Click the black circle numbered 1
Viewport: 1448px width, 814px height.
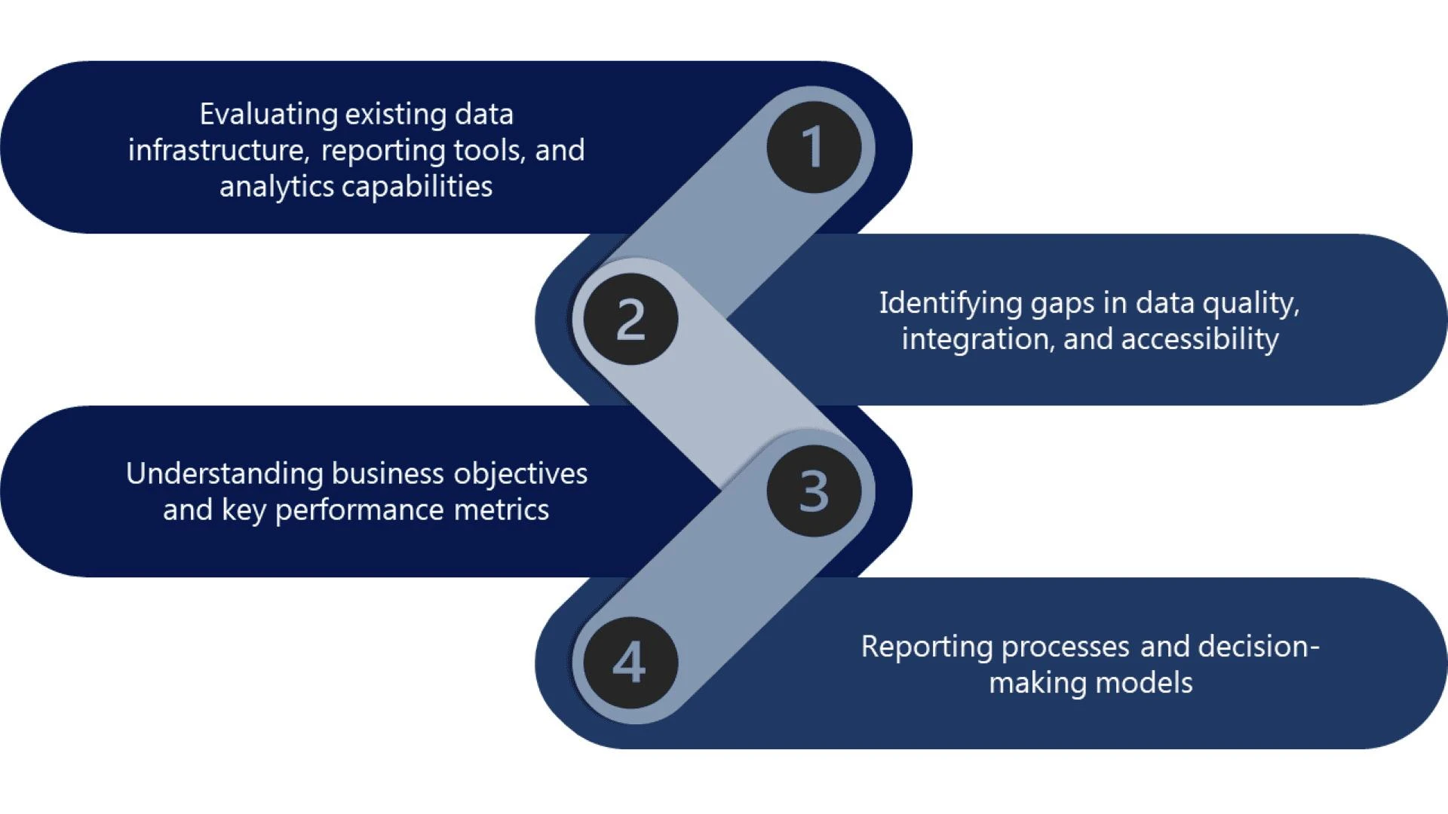[x=814, y=147]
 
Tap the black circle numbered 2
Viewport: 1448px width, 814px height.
[x=630, y=319]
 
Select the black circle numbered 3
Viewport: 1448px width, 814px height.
[x=814, y=491]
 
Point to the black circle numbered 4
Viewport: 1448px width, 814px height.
[x=630, y=663]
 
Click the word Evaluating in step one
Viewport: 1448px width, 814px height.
[x=268, y=115]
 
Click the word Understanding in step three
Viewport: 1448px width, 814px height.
[x=224, y=474]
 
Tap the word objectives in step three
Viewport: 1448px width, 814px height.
[x=520, y=474]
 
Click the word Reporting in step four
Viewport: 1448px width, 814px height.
[x=927, y=647]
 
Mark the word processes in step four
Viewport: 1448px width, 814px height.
[x=1065, y=647]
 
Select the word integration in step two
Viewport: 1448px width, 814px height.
[x=977, y=339]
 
